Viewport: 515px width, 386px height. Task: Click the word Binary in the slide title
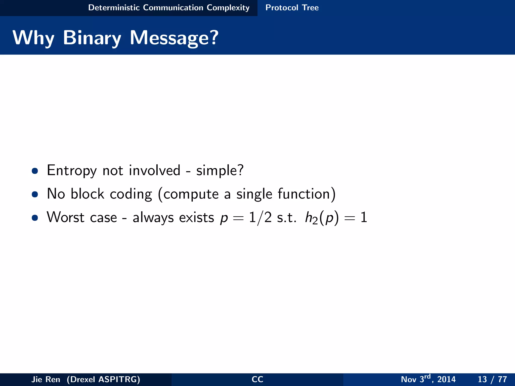pyautogui.click(x=92, y=38)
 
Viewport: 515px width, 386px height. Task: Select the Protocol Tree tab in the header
pyautogui.click(x=292, y=8)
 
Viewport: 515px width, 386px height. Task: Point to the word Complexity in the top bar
pyautogui.click(x=228, y=8)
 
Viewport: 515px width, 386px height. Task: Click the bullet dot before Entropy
pyautogui.click(x=35, y=171)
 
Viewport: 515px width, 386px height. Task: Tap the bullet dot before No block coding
pyautogui.click(x=35, y=194)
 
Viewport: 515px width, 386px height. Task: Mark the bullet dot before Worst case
pyautogui.click(x=35, y=218)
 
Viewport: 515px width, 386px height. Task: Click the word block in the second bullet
pyautogui.click(x=87, y=194)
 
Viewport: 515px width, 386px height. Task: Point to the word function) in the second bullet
pyautogui.click(x=307, y=194)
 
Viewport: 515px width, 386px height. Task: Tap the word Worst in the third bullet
pyautogui.click(x=65, y=217)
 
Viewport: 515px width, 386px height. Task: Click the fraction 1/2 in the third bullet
pyautogui.click(x=260, y=218)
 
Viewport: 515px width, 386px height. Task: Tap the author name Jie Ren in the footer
pyautogui.click(x=46, y=379)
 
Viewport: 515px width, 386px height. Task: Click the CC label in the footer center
pyautogui.click(x=257, y=379)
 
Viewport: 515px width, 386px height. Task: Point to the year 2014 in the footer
pyautogui.click(x=446, y=379)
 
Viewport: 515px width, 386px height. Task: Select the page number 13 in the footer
pyautogui.click(x=482, y=379)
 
